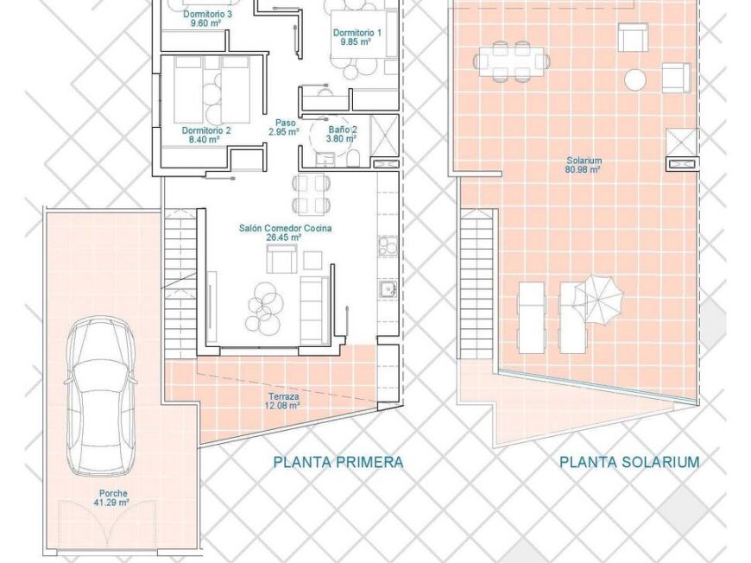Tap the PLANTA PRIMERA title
(338, 462)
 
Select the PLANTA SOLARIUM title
(629, 462)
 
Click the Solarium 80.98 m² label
(584, 165)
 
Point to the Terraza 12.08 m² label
(283, 400)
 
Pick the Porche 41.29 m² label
(113, 498)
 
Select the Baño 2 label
(342, 133)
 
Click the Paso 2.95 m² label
(284, 128)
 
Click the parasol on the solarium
(597, 295)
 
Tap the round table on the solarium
(634, 80)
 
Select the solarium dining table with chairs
(510, 60)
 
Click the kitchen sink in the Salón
(386, 288)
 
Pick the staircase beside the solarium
(476, 285)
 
